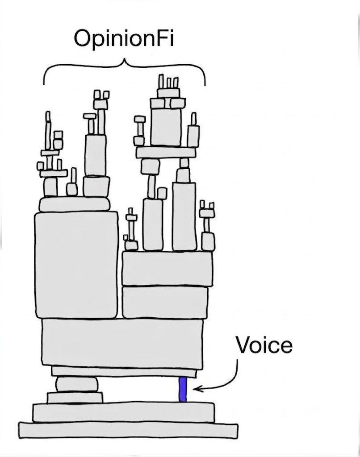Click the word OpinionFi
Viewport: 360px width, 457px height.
(124, 38)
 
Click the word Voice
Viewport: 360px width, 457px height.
(264, 345)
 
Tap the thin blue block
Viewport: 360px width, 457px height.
(182, 390)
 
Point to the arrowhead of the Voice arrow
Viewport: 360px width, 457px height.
(196, 389)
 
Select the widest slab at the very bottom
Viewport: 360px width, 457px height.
(128, 431)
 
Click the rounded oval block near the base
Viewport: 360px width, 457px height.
(77, 384)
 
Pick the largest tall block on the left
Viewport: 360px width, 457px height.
(76, 265)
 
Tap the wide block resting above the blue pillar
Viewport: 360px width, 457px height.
(122, 343)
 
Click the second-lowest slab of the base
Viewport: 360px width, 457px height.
(124, 412)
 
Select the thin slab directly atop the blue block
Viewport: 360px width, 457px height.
(124, 372)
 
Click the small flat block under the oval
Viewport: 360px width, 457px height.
(75, 398)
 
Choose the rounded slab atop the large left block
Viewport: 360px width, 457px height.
(75, 204)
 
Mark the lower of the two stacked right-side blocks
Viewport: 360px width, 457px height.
(165, 303)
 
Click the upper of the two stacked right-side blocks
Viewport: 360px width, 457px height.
(167, 269)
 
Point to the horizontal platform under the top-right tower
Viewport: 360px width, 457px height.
(166, 153)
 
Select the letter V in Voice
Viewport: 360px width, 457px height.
(244, 345)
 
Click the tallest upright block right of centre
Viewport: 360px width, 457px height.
(184, 216)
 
